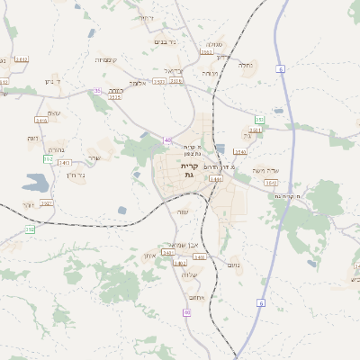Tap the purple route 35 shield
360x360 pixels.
(96, 91)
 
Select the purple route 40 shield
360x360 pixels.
(168, 139)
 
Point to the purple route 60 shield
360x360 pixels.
(187, 312)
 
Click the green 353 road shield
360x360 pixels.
(259, 119)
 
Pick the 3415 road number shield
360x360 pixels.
(41, 120)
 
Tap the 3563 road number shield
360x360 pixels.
(207, 52)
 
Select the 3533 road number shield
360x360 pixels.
(175, 81)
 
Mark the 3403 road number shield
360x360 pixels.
(181, 263)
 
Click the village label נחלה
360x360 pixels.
(246, 65)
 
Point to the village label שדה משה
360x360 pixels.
(269, 170)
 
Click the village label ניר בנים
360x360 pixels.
(166, 41)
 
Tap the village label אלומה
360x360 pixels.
(137, 83)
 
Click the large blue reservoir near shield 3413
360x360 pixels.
(37, 184)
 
